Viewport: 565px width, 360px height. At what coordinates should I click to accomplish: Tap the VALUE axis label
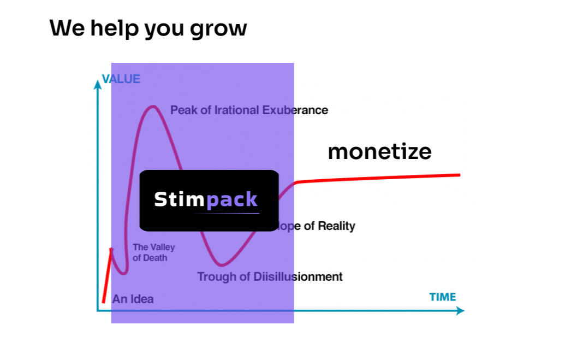tap(121, 79)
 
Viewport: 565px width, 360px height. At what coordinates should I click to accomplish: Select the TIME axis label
tap(442, 297)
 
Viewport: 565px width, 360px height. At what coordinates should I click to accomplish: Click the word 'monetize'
tap(379, 151)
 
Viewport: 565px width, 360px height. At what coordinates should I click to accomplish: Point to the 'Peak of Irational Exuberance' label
tap(249, 110)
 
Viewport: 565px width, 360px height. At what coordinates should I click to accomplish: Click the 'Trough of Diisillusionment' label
tap(270, 277)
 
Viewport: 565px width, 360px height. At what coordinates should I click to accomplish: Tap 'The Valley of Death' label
tap(153, 253)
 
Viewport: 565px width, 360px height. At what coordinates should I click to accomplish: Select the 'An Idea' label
tap(133, 299)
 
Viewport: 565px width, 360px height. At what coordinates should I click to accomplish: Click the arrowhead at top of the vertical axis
tap(98, 83)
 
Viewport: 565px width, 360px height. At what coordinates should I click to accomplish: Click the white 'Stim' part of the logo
tap(179, 200)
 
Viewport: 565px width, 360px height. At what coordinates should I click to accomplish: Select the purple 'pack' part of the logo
tap(231, 200)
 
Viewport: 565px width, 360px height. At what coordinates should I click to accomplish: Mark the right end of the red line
tap(460, 175)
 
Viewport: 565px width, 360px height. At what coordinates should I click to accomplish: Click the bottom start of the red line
tap(103, 302)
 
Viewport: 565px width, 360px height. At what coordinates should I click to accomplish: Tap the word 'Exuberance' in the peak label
tap(295, 110)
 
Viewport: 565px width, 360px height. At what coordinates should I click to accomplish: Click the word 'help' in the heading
tap(115, 28)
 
